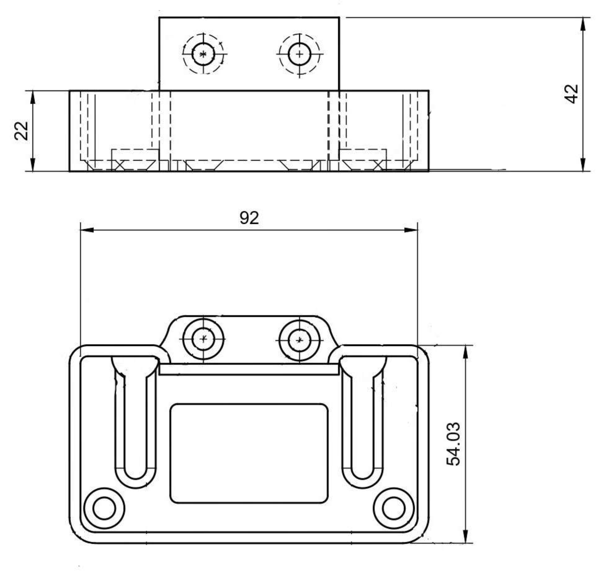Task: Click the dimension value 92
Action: tap(249, 218)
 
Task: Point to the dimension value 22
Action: tap(21, 131)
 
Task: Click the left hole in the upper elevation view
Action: tap(203, 54)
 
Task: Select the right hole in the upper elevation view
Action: tap(299, 54)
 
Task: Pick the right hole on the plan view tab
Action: tap(299, 340)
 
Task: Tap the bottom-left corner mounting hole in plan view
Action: tap(104, 508)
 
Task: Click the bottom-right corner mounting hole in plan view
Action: tap(394, 508)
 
